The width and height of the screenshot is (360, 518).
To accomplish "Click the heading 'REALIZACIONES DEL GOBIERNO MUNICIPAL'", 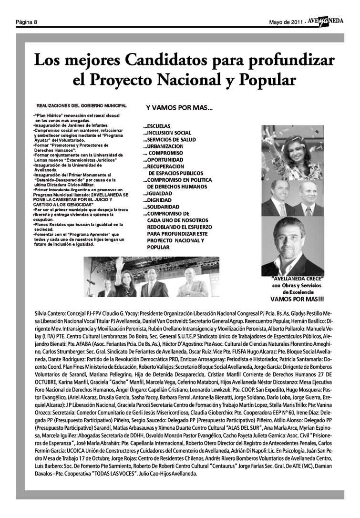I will tap(81, 105).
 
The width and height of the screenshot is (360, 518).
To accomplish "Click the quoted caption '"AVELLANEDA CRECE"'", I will tap(298, 278).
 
